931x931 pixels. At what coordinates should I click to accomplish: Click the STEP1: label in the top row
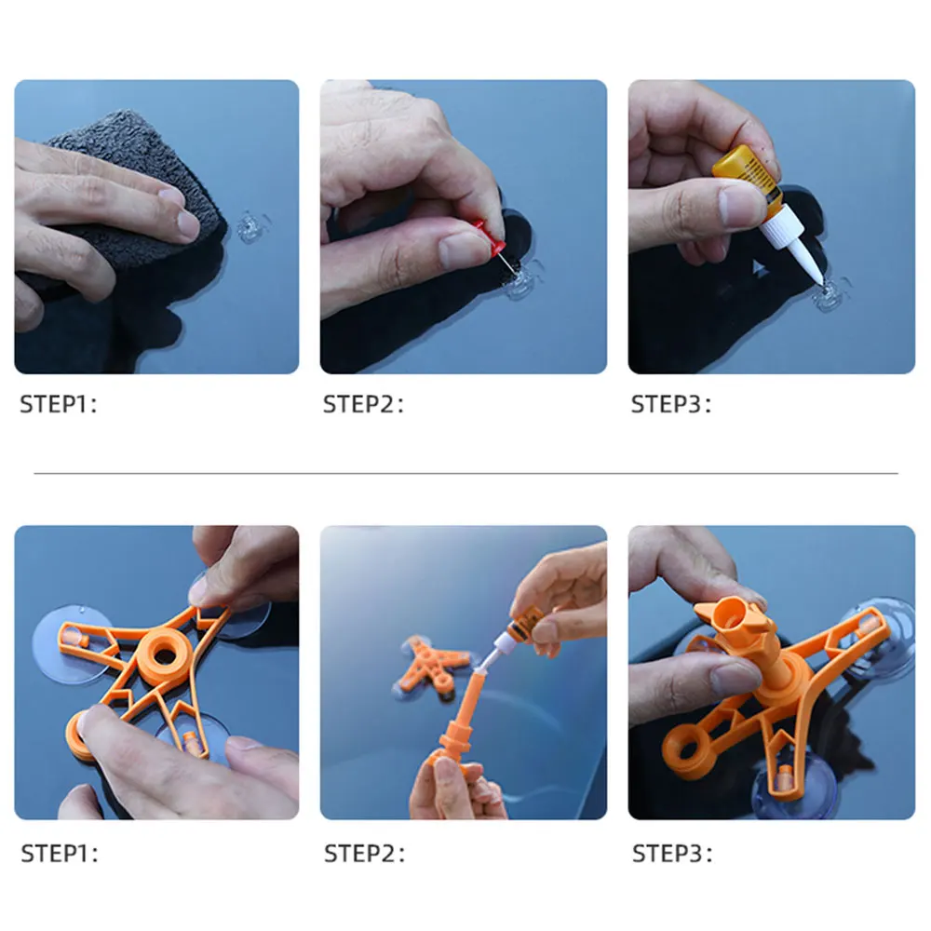pyautogui.click(x=58, y=404)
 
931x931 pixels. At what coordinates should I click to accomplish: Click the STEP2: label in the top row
pyautogui.click(x=363, y=404)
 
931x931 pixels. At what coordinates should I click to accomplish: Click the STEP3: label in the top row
pyautogui.click(x=671, y=404)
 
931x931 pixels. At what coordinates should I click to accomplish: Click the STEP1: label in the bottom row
pyautogui.click(x=60, y=854)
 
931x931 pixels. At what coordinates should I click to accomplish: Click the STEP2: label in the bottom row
pyautogui.click(x=365, y=854)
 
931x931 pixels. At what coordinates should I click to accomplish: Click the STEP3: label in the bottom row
pyautogui.click(x=672, y=854)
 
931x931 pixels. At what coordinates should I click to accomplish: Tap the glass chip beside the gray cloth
pyautogui.click(x=251, y=227)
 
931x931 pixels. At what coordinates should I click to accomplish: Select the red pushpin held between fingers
pyautogui.click(x=492, y=238)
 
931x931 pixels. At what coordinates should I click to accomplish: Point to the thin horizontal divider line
pyautogui.click(x=466, y=474)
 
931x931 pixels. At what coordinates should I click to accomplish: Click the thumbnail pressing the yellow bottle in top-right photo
pyautogui.click(x=737, y=204)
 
